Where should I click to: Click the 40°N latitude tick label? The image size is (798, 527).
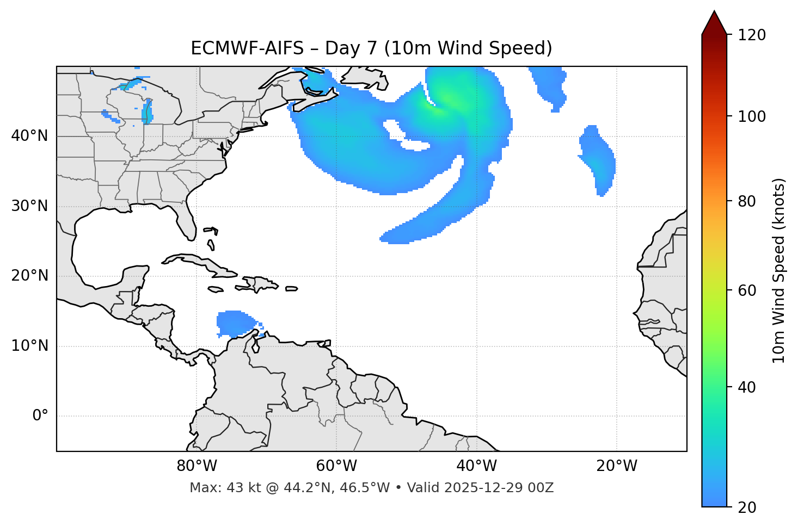[x=29, y=136]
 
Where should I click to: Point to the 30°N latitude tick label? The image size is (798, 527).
[x=29, y=206]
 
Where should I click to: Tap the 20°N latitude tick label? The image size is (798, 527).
[x=29, y=276]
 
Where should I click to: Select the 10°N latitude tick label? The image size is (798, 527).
[x=29, y=346]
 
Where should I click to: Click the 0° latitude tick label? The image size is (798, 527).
[x=40, y=416]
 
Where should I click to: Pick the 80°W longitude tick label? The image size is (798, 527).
[x=197, y=466]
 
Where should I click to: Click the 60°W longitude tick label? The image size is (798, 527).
[x=336, y=466]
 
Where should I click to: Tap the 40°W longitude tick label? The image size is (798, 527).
[x=476, y=466]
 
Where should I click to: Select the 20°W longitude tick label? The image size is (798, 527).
[x=617, y=466]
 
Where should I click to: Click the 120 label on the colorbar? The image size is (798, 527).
[x=752, y=35]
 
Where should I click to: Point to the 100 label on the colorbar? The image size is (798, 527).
[x=752, y=116]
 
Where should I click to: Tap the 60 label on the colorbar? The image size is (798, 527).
[x=747, y=290]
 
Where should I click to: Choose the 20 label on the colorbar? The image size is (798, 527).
[x=747, y=507]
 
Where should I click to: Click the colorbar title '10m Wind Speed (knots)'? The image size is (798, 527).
[x=779, y=271]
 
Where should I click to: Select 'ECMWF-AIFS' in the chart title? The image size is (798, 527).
[x=247, y=48]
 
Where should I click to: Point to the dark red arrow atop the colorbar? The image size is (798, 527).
[x=714, y=23]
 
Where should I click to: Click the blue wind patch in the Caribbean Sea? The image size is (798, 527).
[x=234, y=323]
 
